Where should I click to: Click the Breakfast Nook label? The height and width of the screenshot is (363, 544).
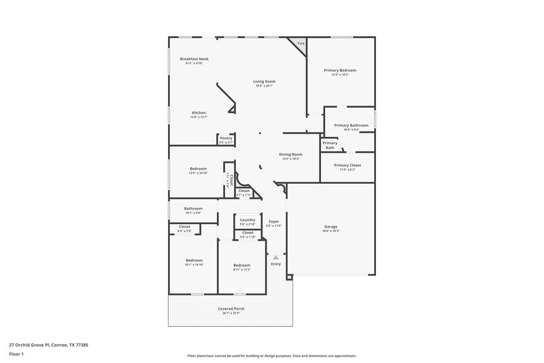click(194, 59)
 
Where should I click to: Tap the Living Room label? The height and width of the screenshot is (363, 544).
click(264, 81)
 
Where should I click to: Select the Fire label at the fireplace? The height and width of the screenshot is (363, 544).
click(301, 44)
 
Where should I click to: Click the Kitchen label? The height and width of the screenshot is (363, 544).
click(199, 113)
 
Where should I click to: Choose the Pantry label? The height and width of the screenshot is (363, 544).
click(226, 138)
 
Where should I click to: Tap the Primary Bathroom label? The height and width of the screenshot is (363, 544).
click(351, 125)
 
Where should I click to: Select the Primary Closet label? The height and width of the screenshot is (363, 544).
click(347, 165)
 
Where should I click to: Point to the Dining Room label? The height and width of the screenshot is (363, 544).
click(290, 155)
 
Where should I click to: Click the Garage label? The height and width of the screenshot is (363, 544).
click(330, 227)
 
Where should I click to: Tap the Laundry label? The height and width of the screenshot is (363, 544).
click(248, 220)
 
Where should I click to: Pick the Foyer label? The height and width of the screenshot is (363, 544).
click(274, 222)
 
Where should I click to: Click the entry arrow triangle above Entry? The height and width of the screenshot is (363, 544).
click(275, 257)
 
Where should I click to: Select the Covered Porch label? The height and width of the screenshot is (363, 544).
click(231, 309)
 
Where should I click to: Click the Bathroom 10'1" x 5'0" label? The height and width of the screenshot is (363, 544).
click(193, 209)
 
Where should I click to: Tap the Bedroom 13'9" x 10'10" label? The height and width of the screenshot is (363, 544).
click(198, 169)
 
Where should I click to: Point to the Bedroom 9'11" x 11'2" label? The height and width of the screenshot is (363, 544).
click(241, 266)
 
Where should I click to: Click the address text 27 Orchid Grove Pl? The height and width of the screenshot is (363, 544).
click(48, 345)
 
